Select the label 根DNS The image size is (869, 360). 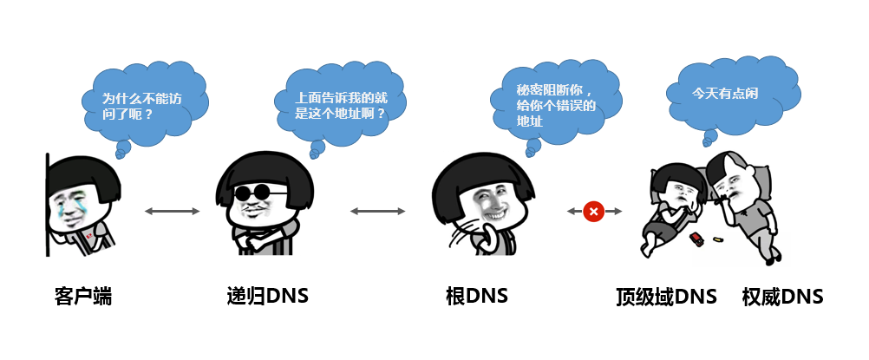click(476, 297)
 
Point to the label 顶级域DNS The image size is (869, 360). click(666, 297)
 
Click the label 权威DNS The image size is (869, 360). click(782, 297)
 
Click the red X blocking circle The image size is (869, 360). click(594, 211)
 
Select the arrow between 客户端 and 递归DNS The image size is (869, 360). click(172, 211)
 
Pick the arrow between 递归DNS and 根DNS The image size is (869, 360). click(377, 211)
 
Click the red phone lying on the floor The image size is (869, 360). click(696, 236)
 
